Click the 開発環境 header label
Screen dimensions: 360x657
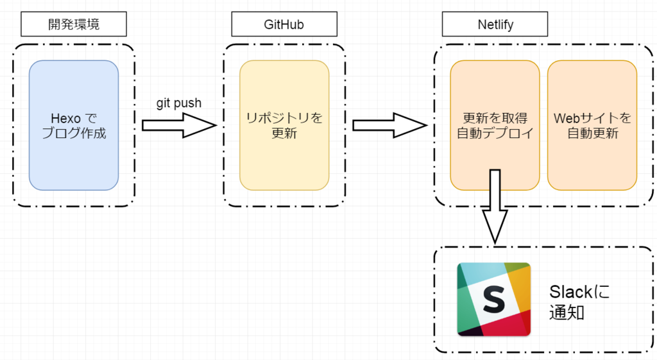pos(74,25)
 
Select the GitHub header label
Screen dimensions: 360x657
pos(284,25)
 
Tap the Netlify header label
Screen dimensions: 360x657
pos(495,25)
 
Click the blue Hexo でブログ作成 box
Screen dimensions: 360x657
pos(74,125)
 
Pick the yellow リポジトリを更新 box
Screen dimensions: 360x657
pos(284,125)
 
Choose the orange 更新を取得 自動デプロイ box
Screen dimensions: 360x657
pos(495,125)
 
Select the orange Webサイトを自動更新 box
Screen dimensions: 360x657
pos(592,125)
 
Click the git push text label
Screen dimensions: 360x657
pos(179,103)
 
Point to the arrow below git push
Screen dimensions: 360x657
pos(180,125)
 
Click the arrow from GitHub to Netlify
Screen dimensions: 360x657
pos(390,125)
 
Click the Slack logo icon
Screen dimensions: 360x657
pos(493,299)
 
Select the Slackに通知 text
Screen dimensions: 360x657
pos(580,302)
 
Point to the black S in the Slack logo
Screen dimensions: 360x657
pos(494,300)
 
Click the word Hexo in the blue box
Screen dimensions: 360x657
pos(64,118)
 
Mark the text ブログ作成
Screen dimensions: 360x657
pos(74,133)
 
